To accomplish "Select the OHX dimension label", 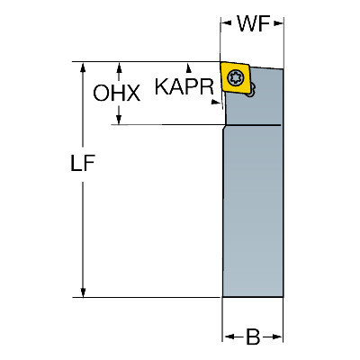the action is point(117,93).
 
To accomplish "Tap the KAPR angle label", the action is point(184,86).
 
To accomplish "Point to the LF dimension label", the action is point(83,163).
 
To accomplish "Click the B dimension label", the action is point(253,337).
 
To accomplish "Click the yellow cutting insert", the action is point(235,78).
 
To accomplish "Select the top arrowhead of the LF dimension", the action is point(83,67).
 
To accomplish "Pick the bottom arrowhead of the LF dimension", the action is point(83,292).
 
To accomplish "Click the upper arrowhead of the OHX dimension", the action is point(119,67).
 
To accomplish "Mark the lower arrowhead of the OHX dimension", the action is point(119,120).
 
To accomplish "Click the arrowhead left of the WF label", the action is point(226,23).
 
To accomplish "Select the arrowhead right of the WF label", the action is point(278,23).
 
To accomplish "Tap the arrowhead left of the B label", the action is point(229,337).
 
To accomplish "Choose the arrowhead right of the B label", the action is point(276,337).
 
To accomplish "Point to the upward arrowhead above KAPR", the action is point(189,67).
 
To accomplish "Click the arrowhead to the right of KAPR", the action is point(216,102).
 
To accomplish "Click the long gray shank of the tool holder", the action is point(253,211).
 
